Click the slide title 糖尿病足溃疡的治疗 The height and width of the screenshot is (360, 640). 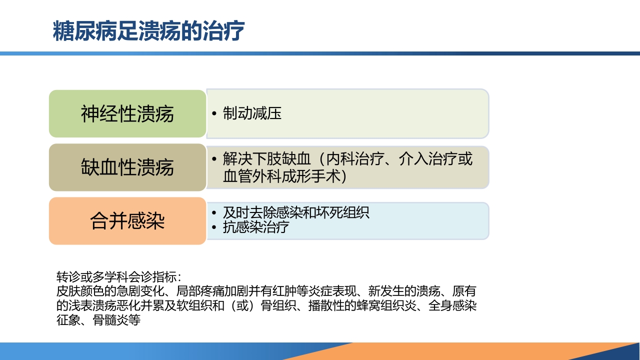pos(148,31)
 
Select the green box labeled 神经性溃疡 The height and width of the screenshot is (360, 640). pos(127,114)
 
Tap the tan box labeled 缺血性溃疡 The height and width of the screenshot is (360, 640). pos(127,167)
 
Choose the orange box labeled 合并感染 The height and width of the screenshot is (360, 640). pos(127,221)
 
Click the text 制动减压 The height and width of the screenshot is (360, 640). pos(252,113)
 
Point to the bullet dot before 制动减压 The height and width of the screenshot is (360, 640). pos(214,114)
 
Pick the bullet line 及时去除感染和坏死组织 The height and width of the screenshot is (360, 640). pos(296,212)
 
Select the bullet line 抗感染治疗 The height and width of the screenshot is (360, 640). pos(256,227)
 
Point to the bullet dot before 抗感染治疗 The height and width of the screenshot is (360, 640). pos(214,228)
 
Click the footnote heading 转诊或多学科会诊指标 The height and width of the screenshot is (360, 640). pos(118,277)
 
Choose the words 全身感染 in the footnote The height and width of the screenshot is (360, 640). pos(452,305)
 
